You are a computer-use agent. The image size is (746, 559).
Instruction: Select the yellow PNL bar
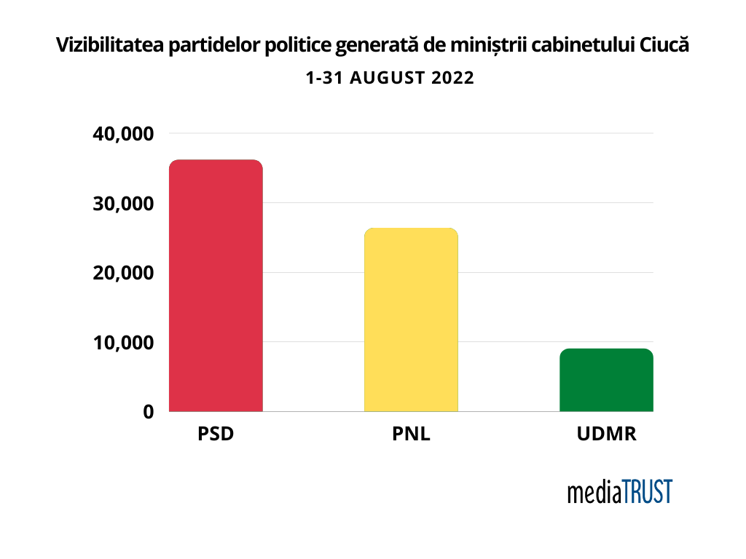point(411,320)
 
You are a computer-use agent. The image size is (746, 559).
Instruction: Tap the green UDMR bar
point(606,380)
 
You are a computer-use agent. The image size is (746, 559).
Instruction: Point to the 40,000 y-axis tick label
point(123,134)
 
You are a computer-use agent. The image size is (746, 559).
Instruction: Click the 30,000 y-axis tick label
point(123,204)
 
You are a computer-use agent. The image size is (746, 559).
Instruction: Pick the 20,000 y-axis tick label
point(123,273)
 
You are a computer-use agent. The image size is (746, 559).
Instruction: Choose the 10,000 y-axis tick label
point(123,342)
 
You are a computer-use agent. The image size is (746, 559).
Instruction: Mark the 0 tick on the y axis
point(148,412)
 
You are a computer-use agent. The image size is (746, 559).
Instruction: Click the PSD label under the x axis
point(216,435)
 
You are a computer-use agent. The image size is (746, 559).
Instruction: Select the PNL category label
point(411,435)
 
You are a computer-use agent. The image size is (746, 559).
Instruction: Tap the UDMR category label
point(606,435)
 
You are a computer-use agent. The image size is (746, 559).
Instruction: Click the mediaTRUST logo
point(620,491)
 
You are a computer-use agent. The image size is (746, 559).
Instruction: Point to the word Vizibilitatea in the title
point(110,46)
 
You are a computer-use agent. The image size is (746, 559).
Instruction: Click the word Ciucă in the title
point(664,46)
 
